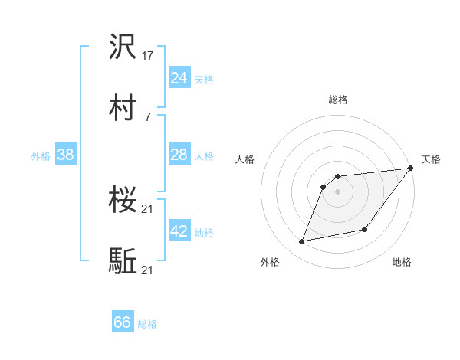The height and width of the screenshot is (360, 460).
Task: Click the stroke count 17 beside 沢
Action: pos(148,56)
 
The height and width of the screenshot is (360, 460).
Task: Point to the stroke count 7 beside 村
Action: pos(148,116)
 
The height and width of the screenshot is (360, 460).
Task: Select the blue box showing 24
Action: pos(179,78)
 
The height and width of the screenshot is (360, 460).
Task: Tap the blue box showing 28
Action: pos(179,155)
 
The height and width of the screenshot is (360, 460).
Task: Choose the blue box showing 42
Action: pos(179,231)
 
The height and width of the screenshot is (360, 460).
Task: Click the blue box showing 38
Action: pos(66,155)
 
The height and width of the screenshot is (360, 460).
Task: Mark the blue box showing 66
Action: pos(123,322)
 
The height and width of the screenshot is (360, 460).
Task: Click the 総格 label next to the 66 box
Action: pos(148,324)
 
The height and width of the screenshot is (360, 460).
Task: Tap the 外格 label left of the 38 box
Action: pos(41,156)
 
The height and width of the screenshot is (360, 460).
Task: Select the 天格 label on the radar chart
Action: pos(431,159)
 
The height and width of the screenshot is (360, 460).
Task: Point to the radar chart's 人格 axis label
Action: pos(246,159)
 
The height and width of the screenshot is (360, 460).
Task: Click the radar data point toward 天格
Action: pos(412,169)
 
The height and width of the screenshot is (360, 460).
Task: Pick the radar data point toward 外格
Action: pos(302,242)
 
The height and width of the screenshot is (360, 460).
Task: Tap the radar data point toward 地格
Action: pos(365,229)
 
